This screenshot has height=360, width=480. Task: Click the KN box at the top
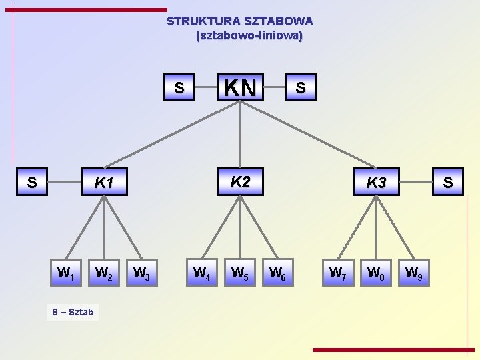(240, 87)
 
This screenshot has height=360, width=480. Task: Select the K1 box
(103, 182)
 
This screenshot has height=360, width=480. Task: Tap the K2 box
(240, 181)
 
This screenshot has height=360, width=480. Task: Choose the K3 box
(376, 182)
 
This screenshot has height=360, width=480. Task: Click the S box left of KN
(179, 87)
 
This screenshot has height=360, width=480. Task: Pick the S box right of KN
(301, 87)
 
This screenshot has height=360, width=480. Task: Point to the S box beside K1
(31, 182)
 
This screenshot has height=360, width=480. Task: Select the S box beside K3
(447, 182)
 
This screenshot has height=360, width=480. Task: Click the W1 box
(65, 273)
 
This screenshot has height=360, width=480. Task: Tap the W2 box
(103, 273)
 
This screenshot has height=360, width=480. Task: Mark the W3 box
(141, 273)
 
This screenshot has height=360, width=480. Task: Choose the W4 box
(201, 273)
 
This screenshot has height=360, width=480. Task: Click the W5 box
(239, 273)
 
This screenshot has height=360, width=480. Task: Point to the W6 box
(277, 273)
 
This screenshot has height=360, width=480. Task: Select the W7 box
(338, 273)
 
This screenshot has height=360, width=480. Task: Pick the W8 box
(375, 273)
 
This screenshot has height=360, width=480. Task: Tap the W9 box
(413, 273)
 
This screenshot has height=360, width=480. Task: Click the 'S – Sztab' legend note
(73, 311)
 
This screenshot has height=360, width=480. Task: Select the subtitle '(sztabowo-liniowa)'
(249, 35)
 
